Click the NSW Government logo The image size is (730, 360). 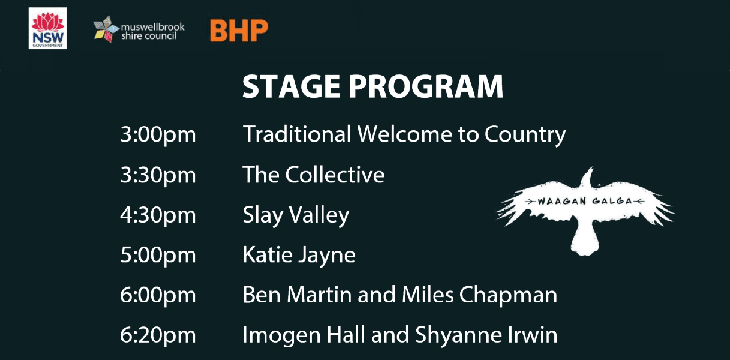click(x=47, y=28)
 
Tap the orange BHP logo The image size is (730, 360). click(x=239, y=31)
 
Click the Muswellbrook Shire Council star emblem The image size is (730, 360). click(x=106, y=29)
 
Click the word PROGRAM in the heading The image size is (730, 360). click(x=426, y=86)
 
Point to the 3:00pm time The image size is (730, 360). click(x=158, y=134)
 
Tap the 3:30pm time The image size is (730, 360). click(x=158, y=175)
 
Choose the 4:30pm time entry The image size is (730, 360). click(x=158, y=215)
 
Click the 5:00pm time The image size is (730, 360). click(x=158, y=255)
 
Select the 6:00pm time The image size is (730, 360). click(x=158, y=295)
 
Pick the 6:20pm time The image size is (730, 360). click(x=158, y=335)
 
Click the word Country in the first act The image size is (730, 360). click(x=525, y=134)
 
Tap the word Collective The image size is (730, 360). click(x=335, y=175)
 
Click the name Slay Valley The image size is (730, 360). click(x=296, y=215)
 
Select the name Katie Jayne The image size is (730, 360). click(x=299, y=256)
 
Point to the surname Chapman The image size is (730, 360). click(x=509, y=295)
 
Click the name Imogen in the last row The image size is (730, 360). click(x=281, y=335)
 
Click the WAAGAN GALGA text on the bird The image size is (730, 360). click(x=585, y=201)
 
